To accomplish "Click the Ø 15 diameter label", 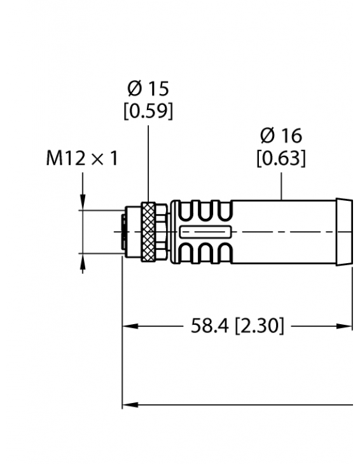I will (x=148, y=88).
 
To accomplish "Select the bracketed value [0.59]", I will (x=148, y=111).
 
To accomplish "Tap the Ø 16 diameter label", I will (x=280, y=135).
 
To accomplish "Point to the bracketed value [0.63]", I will (x=280, y=158).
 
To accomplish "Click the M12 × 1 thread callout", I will (x=81, y=158).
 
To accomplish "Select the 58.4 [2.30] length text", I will (x=237, y=327).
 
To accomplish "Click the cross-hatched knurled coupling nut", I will (x=148, y=231).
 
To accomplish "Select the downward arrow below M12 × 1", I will (x=83, y=201).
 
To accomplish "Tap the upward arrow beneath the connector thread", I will (x=83, y=262).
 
